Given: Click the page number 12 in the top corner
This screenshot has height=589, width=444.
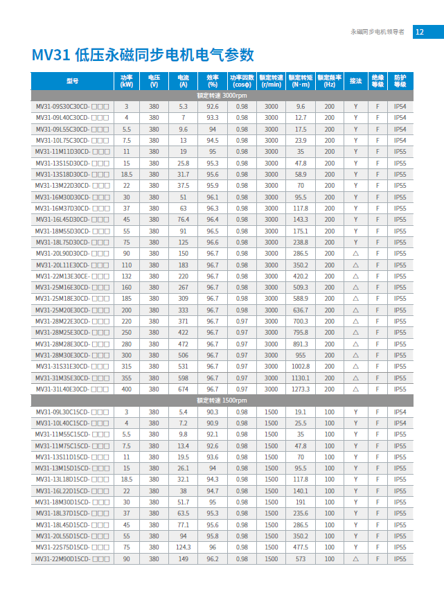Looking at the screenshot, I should pyautogui.click(x=419, y=32).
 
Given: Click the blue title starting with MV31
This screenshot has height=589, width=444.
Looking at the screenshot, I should pyautogui.click(x=143, y=55).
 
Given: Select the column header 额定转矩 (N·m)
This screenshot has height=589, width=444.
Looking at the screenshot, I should pyautogui.click(x=300, y=81).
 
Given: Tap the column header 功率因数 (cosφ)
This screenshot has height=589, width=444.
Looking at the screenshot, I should pyautogui.click(x=242, y=81).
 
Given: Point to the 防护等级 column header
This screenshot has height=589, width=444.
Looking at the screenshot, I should pyautogui.click(x=400, y=81).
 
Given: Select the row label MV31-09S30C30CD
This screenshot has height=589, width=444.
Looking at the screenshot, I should pyautogui.click(x=73, y=107).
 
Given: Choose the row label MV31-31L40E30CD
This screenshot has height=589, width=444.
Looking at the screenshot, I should pyautogui.click(x=73, y=389).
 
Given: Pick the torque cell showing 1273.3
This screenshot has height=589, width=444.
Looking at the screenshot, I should pyautogui.click(x=300, y=389).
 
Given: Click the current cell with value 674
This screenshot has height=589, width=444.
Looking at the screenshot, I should pyautogui.click(x=183, y=389).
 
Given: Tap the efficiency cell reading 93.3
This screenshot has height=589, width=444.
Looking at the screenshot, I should pyautogui.click(x=212, y=118).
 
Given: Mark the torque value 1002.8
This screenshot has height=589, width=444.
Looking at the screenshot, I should pyautogui.click(x=300, y=367).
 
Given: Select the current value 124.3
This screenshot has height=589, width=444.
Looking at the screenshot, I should pyautogui.click(x=183, y=547).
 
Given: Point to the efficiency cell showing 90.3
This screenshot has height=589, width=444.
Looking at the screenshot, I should pyautogui.click(x=212, y=412).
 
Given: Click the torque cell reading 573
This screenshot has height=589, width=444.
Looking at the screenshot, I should pyautogui.click(x=300, y=559).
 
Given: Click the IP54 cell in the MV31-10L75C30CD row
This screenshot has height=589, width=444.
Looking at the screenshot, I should pyautogui.click(x=400, y=141).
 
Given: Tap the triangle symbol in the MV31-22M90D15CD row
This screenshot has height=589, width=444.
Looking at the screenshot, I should pyautogui.click(x=355, y=559).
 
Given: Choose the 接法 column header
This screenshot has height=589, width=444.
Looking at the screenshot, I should pyautogui.click(x=355, y=81).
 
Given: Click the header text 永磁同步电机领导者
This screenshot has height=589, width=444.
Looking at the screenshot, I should pyautogui.click(x=378, y=32).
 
